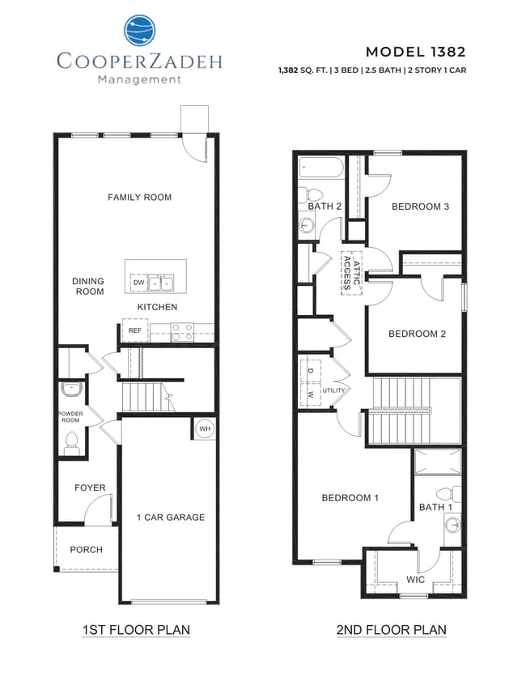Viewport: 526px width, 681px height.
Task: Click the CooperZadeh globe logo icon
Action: coord(139,31)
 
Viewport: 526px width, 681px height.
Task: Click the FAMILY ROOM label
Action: coord(139,197)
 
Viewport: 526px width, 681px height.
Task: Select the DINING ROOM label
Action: coord(89,286)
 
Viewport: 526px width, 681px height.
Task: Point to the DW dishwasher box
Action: coord(138,283)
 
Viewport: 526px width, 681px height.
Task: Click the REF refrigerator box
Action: coord(134,330)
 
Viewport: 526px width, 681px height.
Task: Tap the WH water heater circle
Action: coord(203,428)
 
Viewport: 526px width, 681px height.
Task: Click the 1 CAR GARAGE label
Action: coord(170,517)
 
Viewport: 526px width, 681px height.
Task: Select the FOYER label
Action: coord(90,487)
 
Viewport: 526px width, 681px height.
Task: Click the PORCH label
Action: coord(86,549)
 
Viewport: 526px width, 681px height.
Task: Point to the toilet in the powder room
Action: coord(71,442)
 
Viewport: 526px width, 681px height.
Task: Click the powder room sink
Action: coord(72,389)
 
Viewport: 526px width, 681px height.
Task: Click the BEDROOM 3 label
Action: coord(420,206)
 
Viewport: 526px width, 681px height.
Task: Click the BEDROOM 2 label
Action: coord(417,334)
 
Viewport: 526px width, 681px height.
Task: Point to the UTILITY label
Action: coord(333,390)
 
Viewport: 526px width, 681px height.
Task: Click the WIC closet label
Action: coord(415,580)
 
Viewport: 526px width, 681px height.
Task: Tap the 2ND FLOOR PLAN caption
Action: coord(391,629)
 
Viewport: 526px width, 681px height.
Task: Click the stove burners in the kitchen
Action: coord(182,330)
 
